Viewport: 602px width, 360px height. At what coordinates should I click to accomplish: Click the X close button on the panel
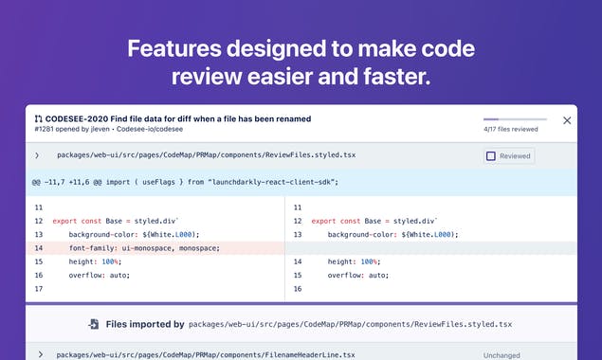pos(567,120)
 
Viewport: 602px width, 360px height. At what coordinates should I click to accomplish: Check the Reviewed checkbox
pos(491,156)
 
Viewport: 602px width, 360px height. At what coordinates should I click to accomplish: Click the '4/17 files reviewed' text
pos(510,129)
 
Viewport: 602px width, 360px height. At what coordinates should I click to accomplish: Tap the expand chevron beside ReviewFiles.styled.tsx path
pos(37,155)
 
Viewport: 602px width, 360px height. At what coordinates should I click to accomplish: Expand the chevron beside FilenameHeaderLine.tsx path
pos(40,354)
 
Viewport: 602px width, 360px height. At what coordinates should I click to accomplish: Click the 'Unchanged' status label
pos(502,355)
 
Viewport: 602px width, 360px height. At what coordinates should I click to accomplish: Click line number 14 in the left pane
pos(38,248)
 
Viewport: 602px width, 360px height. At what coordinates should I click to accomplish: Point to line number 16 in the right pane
pos(299,288)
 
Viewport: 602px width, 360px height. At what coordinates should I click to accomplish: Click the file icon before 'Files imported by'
pos(93,324)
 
